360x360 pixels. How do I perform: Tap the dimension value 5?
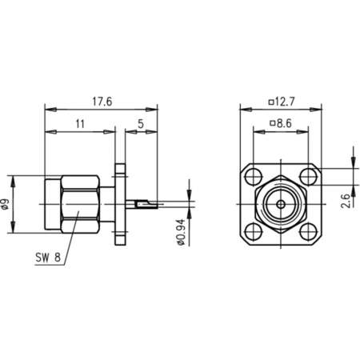[141, 125]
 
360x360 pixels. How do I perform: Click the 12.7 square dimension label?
[282, 102]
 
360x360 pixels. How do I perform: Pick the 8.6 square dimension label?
[282, 125]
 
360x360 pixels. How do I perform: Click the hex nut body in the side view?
[80, 205]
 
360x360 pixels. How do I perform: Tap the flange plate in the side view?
[121, 205]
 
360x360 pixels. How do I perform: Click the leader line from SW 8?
[70, 236]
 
